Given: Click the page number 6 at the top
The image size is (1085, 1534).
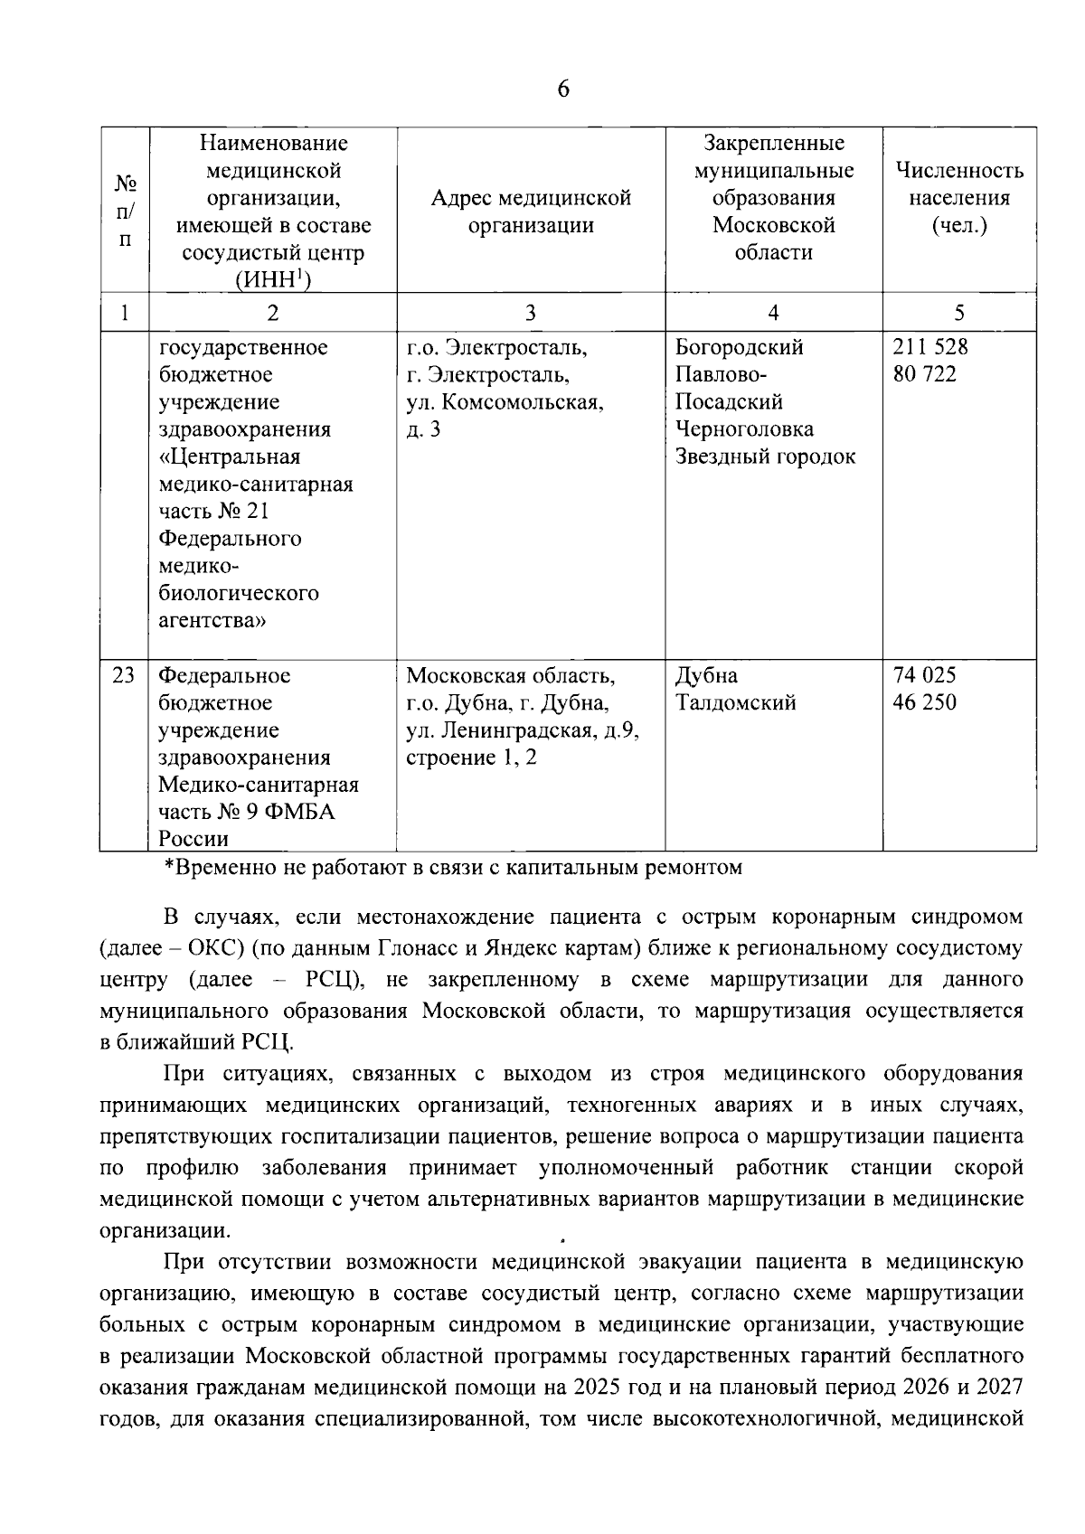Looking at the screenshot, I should [563, 89].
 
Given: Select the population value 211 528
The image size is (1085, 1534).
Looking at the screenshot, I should [929, 347].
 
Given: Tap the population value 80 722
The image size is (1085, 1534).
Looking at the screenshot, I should [924, 374].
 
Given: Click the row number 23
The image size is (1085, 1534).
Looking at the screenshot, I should [124, 675].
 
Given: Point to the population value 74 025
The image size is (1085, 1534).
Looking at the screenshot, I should [924, 675].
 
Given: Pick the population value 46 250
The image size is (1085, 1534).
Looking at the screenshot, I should [924, 702].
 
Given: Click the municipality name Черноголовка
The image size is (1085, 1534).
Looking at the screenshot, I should [744, 429].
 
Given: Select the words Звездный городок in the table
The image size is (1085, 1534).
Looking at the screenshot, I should [765, 456].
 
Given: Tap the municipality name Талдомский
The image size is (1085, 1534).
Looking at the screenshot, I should [735, 702].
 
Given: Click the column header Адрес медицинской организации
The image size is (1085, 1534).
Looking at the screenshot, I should [531, 212].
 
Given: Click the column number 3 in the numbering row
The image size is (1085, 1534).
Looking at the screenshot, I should [531, 313].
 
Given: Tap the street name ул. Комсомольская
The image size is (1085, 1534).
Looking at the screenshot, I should [505, 402].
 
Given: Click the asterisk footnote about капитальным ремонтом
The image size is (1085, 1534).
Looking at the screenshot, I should [452, 868].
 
